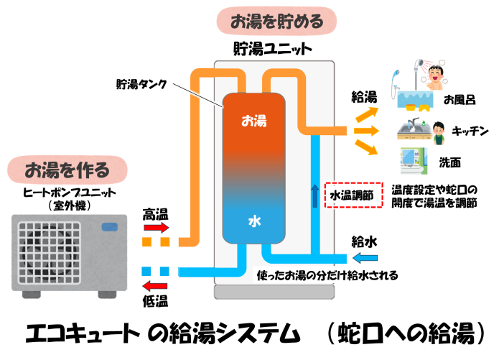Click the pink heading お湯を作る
click(x=66, y=170)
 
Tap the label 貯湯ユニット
click(x=273, y=50)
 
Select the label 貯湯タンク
click(x=141, y=84)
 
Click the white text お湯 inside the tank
click(x=253, y=121)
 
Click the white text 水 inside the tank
click(x=253, y=222)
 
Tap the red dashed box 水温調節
click(x=353, y=195)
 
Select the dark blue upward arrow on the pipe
click(x=314, y=195)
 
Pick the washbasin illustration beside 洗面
click(x=412, y=159)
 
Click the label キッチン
click(x=471, y=131)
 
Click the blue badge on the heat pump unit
click(x=111, y=228)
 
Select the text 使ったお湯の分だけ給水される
click(x=327, y=275)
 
